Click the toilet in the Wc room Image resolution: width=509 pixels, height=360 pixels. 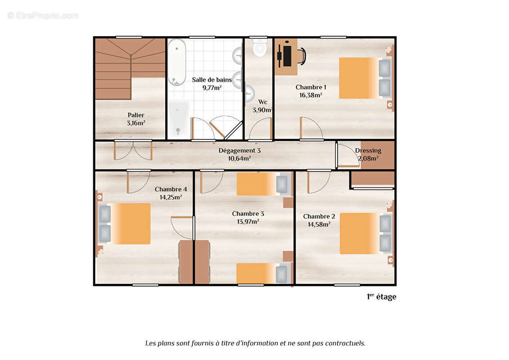pyautogui.click(x=260, y=48)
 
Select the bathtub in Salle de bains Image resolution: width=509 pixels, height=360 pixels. pyautogui.click(x=177, y=62)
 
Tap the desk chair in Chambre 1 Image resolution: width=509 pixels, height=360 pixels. pyautogui.click(x=301, y=56)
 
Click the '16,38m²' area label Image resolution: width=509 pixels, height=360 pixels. pyautogui.click(x=311, y=95)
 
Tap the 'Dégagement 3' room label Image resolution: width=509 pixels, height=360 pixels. pyautogui.click(x=240, y=150)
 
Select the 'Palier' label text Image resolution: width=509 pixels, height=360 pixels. pyautogui.click(x=136, y=115)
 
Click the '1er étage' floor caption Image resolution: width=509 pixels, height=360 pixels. pyautogui.click(x=381, y=297)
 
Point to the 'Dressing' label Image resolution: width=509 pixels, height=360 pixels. pyautogui.click(x=368, y=150)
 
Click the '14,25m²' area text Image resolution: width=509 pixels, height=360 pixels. pyautogui.click(x=170, y=197)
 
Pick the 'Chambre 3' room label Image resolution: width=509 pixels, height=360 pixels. pyautogui.click(x=248, y=213)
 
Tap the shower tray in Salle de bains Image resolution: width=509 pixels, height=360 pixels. pyautogui.click(x=179, y=118)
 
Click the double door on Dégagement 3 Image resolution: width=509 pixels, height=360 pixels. pyautogui.click(x=133, y=150)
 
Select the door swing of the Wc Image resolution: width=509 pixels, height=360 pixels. pyautogui.click(x=261, y=129)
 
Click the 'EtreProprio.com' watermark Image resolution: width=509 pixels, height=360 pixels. pyautogui.click(x=43, y=15)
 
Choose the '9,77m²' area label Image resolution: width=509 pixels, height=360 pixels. pyautogui.click(x=212, y=87)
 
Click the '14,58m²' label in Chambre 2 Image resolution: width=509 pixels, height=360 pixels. pyautogui.click(x=319, y=224)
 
